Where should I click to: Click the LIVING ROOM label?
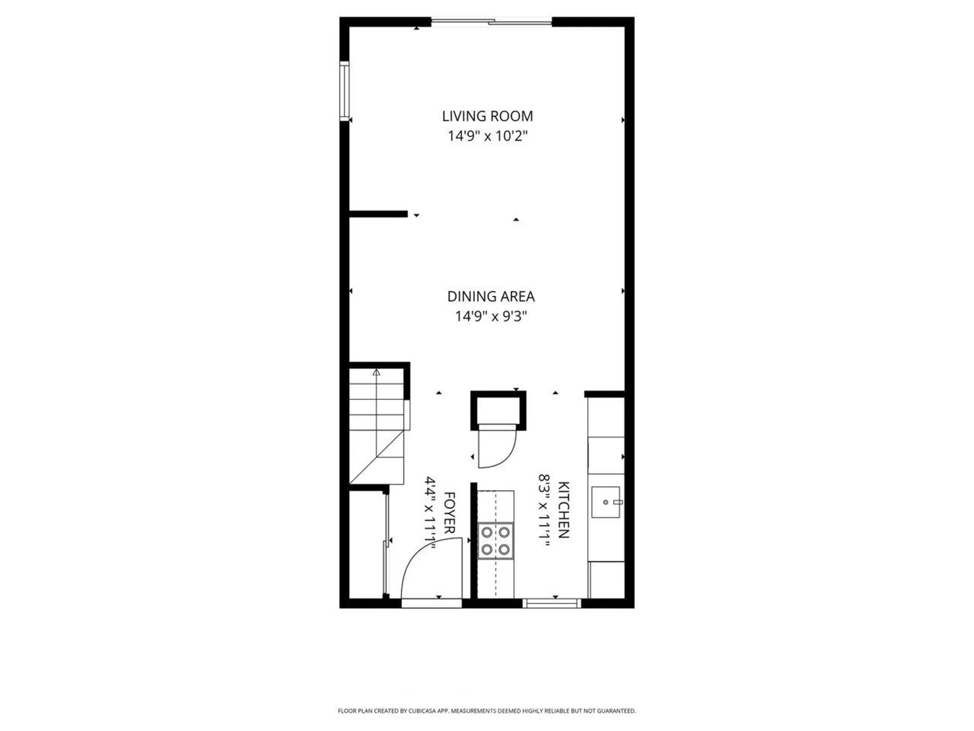(x=487, y=116)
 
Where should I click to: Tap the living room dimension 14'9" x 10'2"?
(x=487, y=136)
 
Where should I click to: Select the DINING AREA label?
(x=491, y=296)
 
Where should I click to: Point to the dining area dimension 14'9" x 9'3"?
(x=491, y=316)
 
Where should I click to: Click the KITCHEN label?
(x=564, y=510)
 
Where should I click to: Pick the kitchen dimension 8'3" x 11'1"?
(x=544, y=510)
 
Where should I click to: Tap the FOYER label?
(x=449, y=513)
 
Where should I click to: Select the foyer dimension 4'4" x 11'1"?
(x=430, y=513)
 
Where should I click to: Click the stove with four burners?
(x=495, y=541)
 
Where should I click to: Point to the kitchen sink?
(x=606, y=502)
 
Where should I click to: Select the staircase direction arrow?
(x=376, y=373)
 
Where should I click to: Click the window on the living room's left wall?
(x=344, y=91)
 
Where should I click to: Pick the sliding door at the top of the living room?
(x=491, y=22)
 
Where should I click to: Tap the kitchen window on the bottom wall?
(x=552, y=603)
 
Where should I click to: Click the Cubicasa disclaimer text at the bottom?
(x=486, y=711)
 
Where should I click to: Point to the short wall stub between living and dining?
(x=378, y=214)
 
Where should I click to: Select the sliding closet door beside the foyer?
(x=387, y=543)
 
